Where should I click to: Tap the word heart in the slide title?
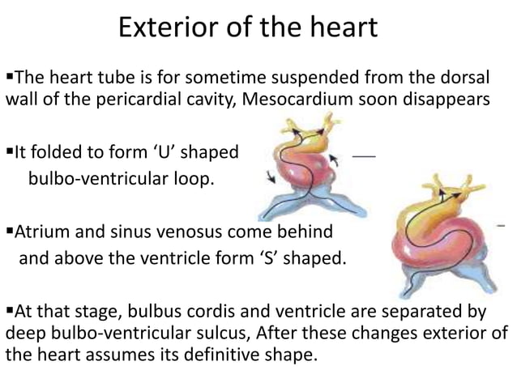coord(341,28)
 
